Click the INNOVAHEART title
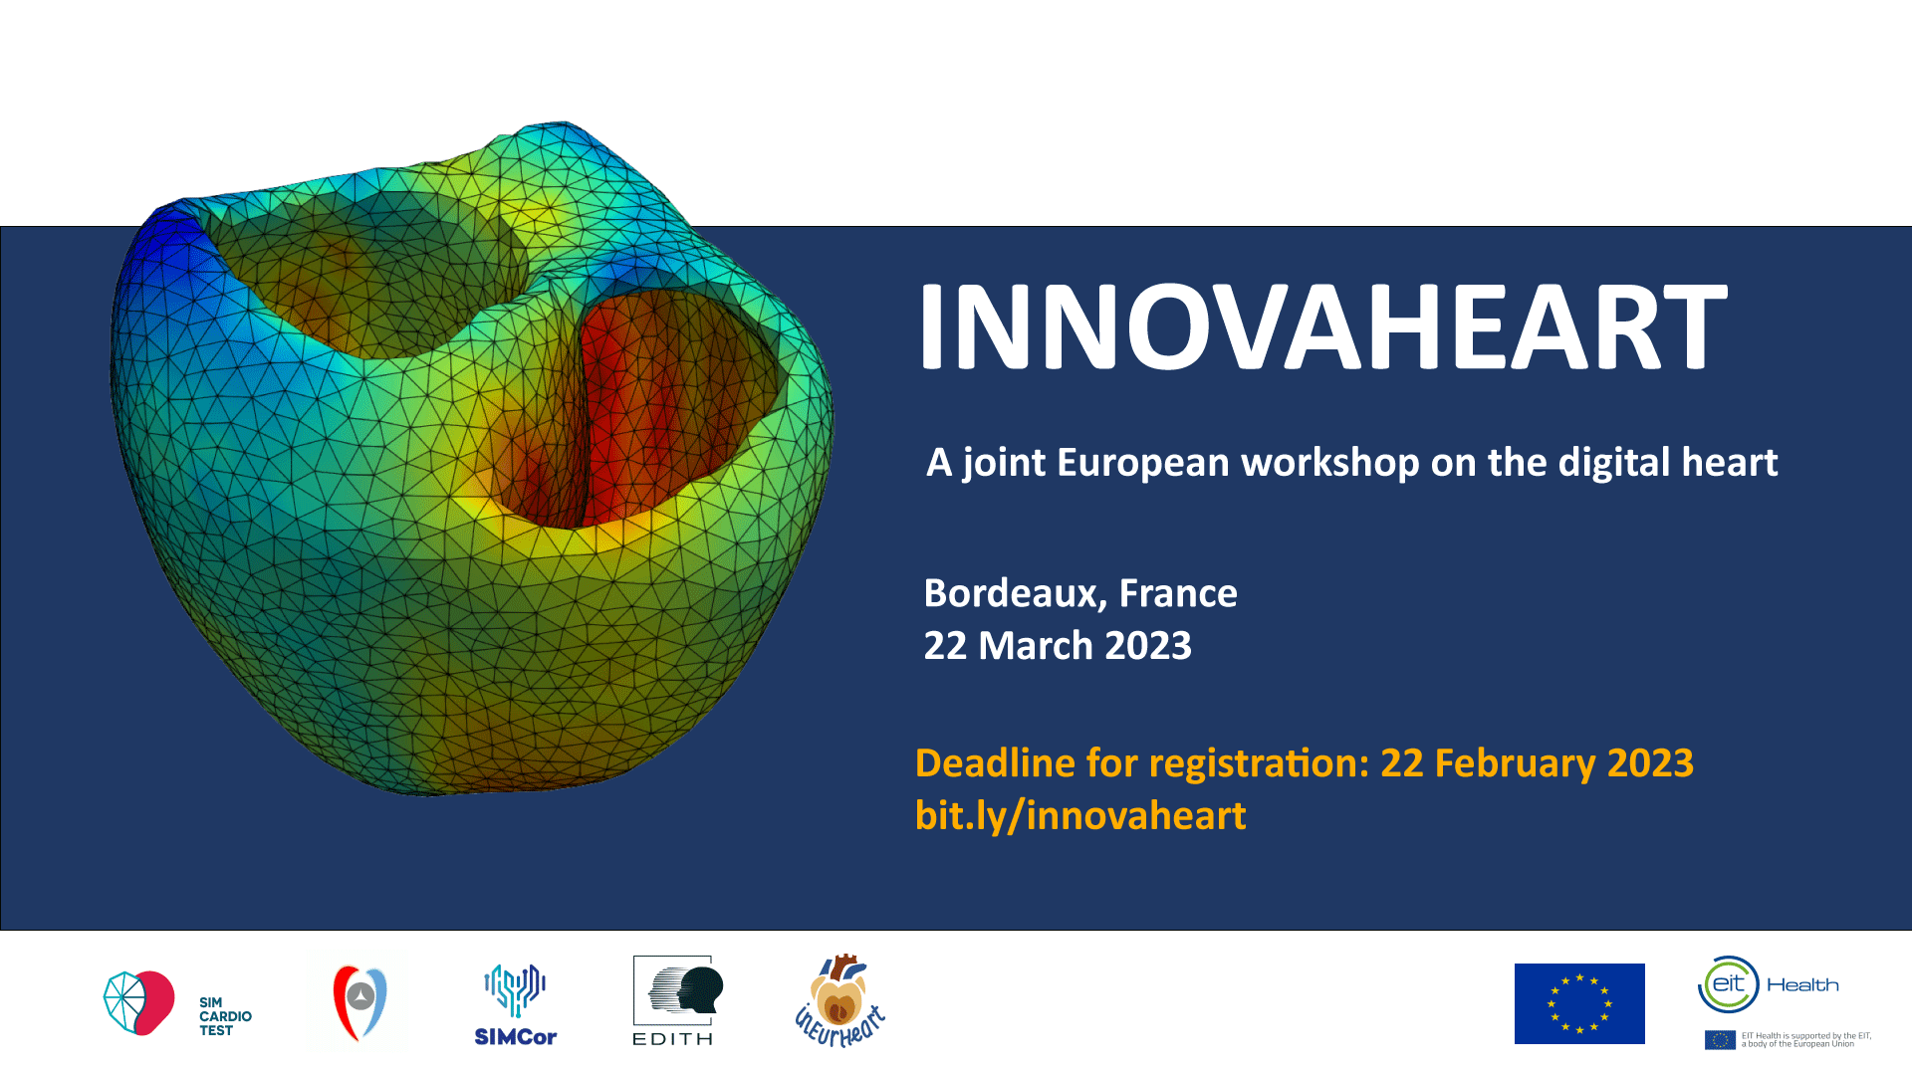(x=1322, y=325)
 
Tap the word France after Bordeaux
(x=1178, y=593)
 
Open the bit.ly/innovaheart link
(x=1080, y=816)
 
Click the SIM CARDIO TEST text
(x=225, y=1016)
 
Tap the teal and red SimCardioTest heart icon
(x=139, y=1002)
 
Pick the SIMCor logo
(x=515, y=1005)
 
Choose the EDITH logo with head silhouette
(x=674, y=1000)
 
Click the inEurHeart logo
(x=839, y=1001)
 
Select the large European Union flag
(x=1579, y=1003)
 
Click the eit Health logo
(x=1768, y=984)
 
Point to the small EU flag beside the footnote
(x=1720, y=1040)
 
